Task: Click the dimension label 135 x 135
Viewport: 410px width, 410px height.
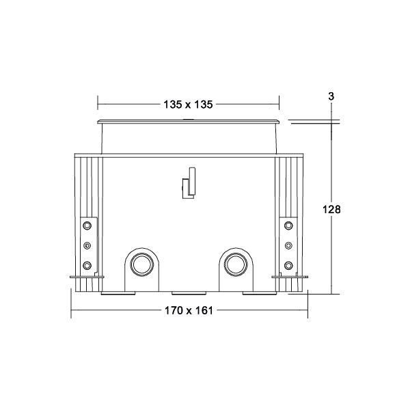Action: pyautogui.click(x=189, y=105)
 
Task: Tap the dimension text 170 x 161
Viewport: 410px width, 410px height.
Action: pyautogui.click(x=189, y=310)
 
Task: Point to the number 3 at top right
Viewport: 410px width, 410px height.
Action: pyautogui.click(x=331, y=97)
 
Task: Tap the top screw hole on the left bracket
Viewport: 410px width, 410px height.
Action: pyautogui.click(x=87, y=225)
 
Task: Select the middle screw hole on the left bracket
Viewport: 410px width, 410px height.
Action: pyautogui.click(x=87, y=245)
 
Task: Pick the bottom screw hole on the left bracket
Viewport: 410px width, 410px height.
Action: pyautogui.click(x=87, y=265)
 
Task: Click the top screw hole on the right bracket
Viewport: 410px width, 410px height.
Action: pyautogui.click(x=288, y=225)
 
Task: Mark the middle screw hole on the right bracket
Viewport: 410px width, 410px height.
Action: pyautogui.click(x=288, y=245)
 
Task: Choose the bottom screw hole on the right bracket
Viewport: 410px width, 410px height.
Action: pyautogui.click(x=288, y=265)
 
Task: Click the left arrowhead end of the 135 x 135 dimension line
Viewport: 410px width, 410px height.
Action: pyautogui.click(x=98, y=105)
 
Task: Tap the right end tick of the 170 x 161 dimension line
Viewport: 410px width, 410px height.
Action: pyautogui.click(x=307, y=310)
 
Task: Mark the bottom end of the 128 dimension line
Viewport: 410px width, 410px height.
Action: pyautogui.click(x=331, y=294)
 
